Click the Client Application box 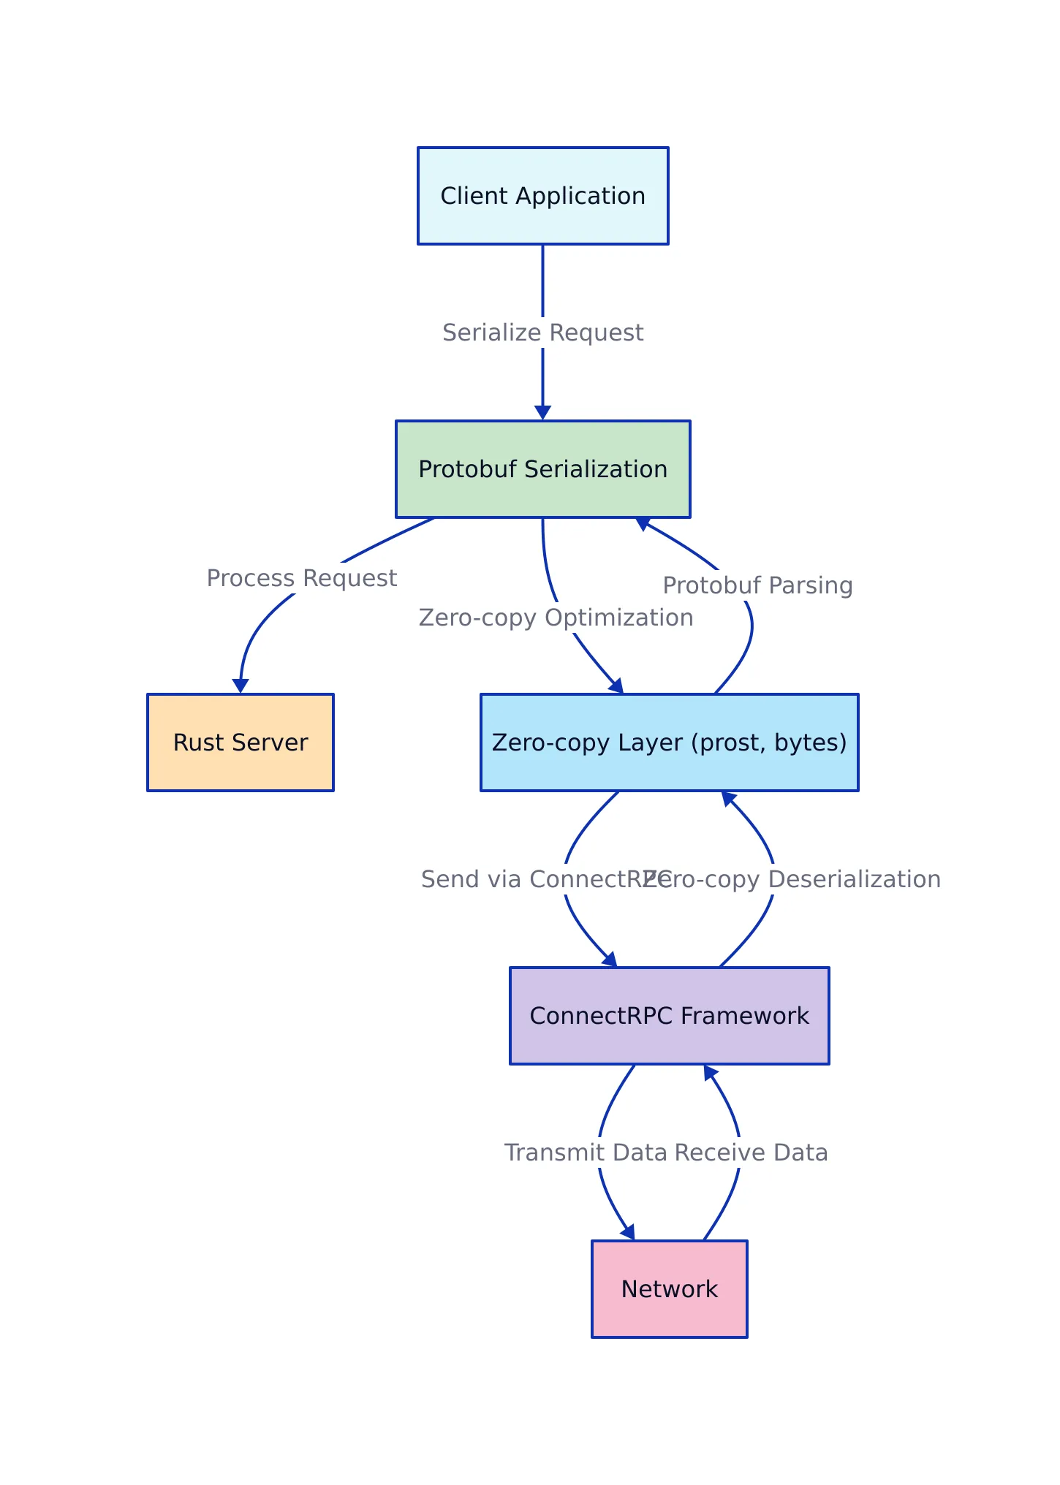point(542,196)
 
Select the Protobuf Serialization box point(542,469)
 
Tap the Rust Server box point(240,742)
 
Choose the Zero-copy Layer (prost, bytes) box point(669,742)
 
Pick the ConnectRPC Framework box point(669,1016)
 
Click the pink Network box point(669,1289)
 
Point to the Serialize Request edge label point(542,333)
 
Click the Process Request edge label point(301,578)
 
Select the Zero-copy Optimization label point(556,618)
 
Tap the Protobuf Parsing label point(757,585)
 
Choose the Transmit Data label point(585,1152)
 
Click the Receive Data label point(752,1152)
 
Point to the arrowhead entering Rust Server point(241,686)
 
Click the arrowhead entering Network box point(629,1232)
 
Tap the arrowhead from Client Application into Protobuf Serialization point(542,413)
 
